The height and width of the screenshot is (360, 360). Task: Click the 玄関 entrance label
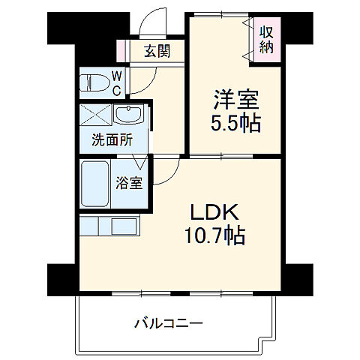point(157,51)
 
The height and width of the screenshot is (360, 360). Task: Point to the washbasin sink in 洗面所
point(129,116)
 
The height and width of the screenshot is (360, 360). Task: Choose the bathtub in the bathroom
point(96,184)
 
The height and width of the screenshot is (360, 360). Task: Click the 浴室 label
point(128,182)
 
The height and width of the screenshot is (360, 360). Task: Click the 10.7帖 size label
point(214,237)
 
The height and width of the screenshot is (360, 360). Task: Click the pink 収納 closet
point(266,38)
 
